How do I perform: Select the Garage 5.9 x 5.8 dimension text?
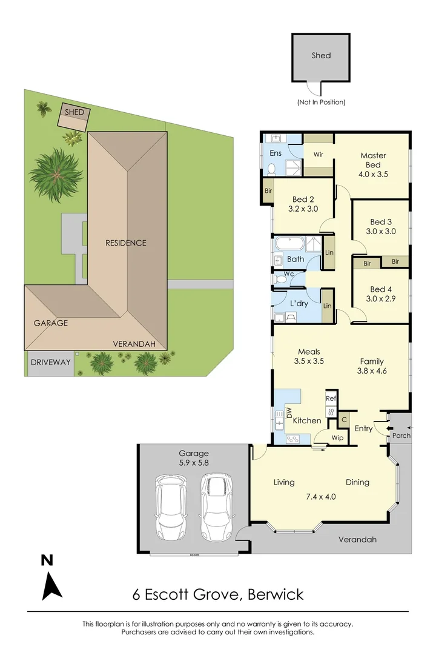pos(193,458)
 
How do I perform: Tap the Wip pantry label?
pos(337,437)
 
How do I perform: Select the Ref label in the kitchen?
pos(331,398)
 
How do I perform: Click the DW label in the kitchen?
pos(289,414)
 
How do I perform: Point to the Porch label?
pos(401,435)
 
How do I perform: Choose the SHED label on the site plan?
pos(74,113)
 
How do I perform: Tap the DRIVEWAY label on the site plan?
pos(51,363)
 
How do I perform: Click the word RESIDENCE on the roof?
pos(126,243)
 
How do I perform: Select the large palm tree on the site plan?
pos(56,174)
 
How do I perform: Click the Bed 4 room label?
pos(382,294)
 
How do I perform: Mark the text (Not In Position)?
pos(321,102)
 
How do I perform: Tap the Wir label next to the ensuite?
pos(318,155)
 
